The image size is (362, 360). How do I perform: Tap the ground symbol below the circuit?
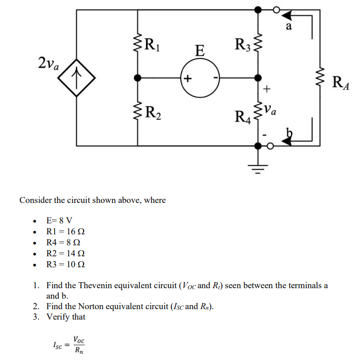(x=257, y=168)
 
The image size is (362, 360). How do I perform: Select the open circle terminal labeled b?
(x=270, y=146)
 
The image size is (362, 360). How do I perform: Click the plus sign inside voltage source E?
(x=187, y=78)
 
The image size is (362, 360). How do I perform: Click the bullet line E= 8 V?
(x=59, y=220)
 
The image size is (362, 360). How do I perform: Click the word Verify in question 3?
(x=58, y=317)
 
